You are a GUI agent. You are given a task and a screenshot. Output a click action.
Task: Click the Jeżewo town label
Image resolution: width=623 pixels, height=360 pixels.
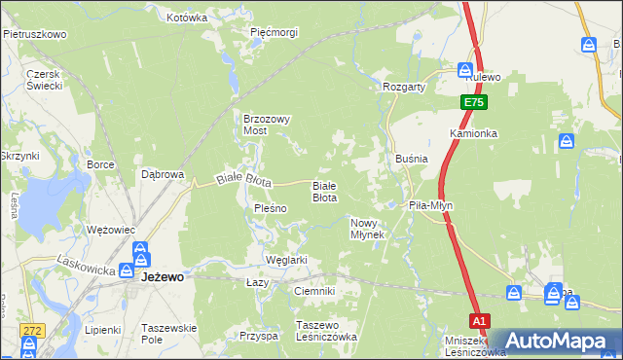[x=163, y=276]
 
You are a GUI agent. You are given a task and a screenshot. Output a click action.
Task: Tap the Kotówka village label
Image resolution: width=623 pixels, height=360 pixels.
[x=187, y=18]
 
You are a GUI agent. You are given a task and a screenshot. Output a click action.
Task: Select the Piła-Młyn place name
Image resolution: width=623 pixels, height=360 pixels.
[x=430, y=206]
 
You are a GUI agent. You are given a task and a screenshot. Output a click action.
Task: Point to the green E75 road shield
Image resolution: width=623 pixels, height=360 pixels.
[x=473, y=101]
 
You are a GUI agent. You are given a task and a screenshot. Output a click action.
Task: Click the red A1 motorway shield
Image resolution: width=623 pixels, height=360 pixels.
[x=478, y=319]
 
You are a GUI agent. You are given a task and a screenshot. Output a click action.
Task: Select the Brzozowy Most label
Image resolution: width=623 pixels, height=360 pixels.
[x=267, y=124]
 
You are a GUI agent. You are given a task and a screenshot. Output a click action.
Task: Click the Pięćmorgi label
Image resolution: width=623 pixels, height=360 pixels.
[x=274, y=32]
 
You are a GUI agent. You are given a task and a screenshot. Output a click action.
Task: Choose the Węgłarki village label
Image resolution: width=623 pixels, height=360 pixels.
[x=286, y=260]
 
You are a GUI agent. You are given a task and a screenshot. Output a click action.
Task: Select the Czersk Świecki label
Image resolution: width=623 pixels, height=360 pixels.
[x=45, y=80]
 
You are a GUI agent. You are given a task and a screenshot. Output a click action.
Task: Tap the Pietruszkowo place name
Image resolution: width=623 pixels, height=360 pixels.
[x=34, y=34]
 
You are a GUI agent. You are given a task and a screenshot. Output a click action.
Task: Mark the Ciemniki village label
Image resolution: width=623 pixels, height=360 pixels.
[x=313, y=291]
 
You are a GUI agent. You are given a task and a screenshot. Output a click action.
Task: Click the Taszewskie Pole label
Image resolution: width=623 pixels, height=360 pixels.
[x=168, y=333]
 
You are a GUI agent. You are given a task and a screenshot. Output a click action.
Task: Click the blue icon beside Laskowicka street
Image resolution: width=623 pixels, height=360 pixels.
[x=127, y=270]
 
